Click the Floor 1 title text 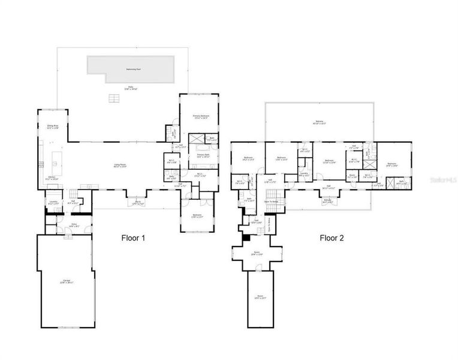134,238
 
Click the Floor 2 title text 332,238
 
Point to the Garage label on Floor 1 66,281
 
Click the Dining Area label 53,126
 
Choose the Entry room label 74,225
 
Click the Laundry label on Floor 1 53,203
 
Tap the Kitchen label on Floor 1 52,178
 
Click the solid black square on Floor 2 245,237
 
